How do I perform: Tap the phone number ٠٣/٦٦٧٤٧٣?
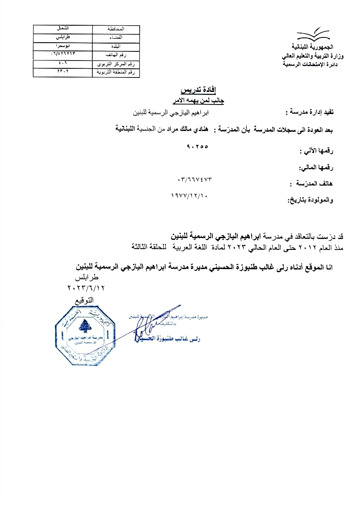[197, 179]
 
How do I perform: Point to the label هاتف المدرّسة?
[311, 184]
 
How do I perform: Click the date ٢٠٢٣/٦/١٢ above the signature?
[87, 288]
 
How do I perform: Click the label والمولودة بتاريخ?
[310, 200]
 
